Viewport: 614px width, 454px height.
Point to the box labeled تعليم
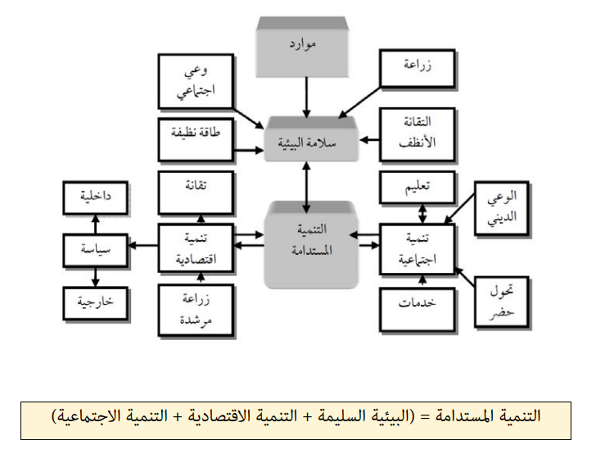[x=418, y=188]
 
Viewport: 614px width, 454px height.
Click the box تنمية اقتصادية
[x=194, y=247]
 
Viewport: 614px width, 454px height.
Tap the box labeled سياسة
[x=97, y=247]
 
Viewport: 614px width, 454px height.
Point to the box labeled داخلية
[x=96, y=197]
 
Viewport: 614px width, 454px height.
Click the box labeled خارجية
[x=96, y=301]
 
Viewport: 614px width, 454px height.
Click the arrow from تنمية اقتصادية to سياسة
[x=143, y=244]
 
